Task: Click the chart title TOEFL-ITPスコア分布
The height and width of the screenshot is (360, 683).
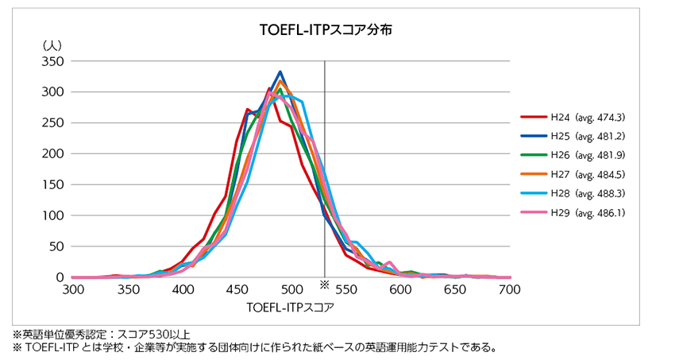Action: coord(327,31)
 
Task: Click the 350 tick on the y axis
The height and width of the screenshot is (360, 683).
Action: coord(55,61)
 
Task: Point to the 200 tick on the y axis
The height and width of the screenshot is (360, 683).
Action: coord(55,154)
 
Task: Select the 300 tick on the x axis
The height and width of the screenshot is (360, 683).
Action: coord(73,288)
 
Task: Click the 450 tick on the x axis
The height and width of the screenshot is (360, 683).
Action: coord(237,288)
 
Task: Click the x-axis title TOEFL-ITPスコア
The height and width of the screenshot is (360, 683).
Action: coord(290,305)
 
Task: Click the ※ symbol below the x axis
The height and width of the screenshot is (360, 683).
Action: coord(324,284)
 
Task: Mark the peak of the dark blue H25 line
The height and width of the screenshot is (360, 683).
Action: coord(280,72)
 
